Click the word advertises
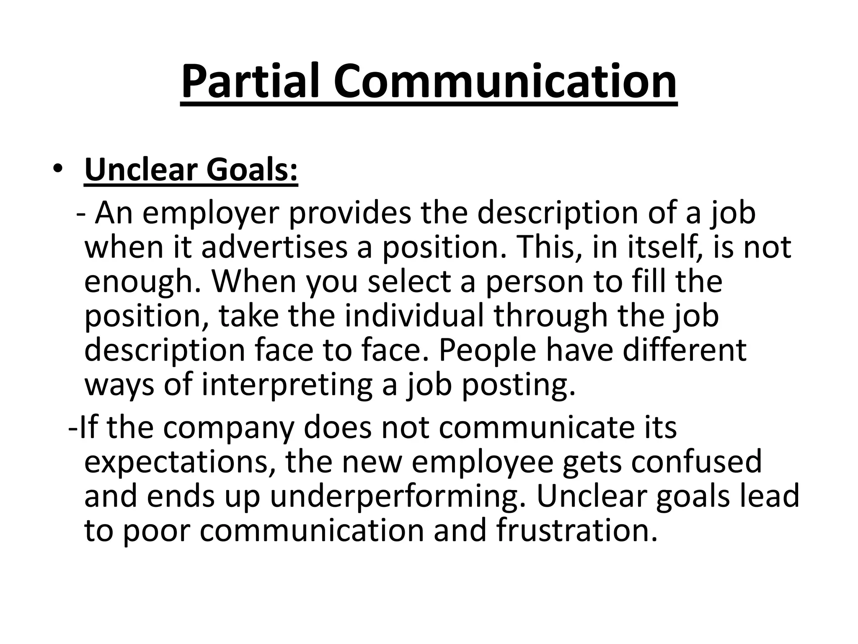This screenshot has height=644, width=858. [274, 247]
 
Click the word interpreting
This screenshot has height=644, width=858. [287, 385]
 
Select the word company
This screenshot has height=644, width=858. [229, 428]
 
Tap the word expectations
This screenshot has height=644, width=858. [176, 462]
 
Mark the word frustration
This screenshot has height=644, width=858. [577, 531]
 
